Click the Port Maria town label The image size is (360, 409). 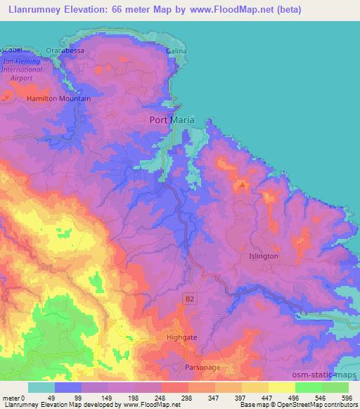(172, 119)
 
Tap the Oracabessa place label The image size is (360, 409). (84, 51)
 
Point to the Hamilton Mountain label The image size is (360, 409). (59, 99)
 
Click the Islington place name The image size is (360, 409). (264, 257)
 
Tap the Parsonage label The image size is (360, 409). (202, 368)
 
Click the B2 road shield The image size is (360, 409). (188, 299)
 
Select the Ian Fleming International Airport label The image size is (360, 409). (22, 70)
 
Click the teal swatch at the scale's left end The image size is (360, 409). (41, 387)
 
